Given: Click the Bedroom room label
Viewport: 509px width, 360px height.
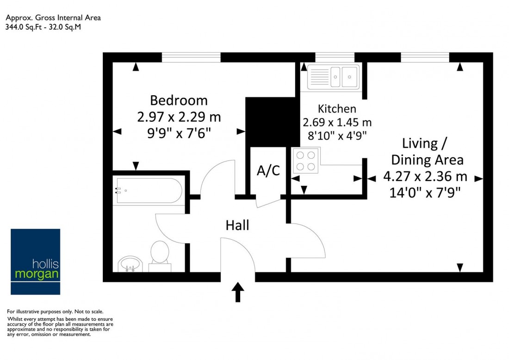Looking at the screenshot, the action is tap(179, 100).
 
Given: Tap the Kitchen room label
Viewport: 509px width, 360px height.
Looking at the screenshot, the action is tap(337, 108).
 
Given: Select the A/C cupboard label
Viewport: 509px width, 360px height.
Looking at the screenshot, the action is tap(268, 170).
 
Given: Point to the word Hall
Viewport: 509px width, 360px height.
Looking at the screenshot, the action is tap(237, 225).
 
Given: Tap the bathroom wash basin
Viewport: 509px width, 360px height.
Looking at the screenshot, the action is tap(130, 264).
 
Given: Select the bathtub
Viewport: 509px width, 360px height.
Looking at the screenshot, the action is tap(149, 191).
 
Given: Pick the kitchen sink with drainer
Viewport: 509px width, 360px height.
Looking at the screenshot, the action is tap(333, 77).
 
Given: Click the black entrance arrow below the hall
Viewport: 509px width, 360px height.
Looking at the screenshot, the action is tap(238, 292).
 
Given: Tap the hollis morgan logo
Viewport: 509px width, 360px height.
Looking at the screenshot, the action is tap(35, 261).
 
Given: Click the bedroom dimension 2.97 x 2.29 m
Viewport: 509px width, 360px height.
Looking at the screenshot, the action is tap(179, 117).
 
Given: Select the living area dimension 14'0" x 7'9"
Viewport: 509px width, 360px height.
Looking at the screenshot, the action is tap(425, 193).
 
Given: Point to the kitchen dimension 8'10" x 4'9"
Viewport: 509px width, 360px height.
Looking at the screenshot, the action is tap(337, 136).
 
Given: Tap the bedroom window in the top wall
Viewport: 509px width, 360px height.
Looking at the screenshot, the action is tap(191, 57).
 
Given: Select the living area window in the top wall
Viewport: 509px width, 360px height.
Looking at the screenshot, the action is tap(425, 57).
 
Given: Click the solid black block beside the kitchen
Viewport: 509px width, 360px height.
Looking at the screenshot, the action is tap(272, 122).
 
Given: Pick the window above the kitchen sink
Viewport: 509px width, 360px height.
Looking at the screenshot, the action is tap(335, 57).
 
